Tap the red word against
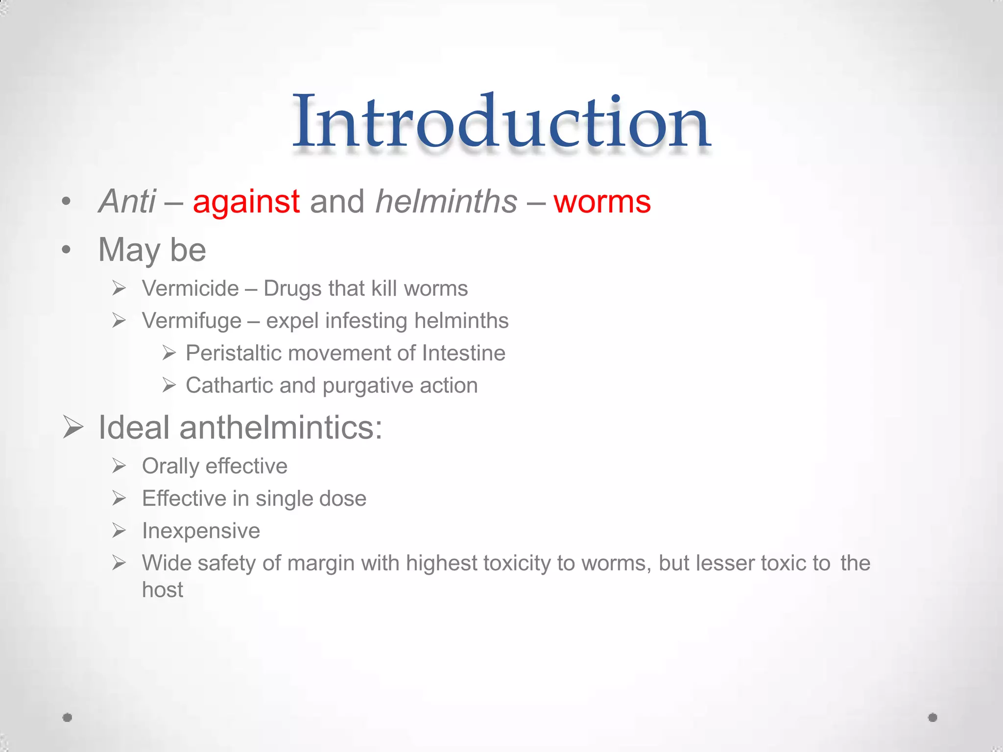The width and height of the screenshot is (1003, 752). point(246,202)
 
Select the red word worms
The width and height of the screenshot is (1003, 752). point(602,202)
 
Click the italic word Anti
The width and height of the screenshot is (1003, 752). point(127,202)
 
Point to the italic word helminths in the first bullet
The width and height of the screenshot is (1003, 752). point(446,202)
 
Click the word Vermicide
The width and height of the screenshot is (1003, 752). point(190,288)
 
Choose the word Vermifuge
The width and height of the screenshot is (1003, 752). point(191,321)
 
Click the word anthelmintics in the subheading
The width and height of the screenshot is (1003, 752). point(281,427)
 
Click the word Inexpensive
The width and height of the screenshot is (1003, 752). point(201,531)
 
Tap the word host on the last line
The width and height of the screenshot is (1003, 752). point(162,589)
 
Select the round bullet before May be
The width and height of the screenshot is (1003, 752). point(67,250)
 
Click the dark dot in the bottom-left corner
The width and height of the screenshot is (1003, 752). point(68,717)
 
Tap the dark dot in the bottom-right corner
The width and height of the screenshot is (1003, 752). point(932,717)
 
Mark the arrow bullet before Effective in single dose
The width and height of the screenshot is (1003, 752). point(119,498)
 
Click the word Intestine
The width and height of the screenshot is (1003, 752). point(463,353)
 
